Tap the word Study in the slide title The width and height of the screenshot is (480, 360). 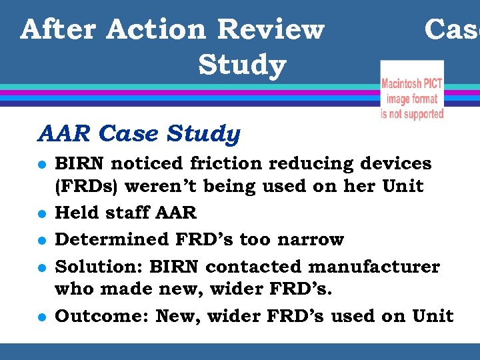click(242, 65)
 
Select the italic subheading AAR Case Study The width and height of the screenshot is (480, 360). click(139, 134)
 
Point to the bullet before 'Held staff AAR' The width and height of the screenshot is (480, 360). click(42, 213)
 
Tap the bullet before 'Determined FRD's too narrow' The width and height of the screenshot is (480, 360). click(42, 240)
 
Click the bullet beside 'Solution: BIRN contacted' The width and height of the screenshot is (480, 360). click(42, 267)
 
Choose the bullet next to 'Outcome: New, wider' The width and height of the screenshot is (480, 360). click(42, 317)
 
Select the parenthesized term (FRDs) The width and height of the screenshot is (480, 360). click(89, 186)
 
